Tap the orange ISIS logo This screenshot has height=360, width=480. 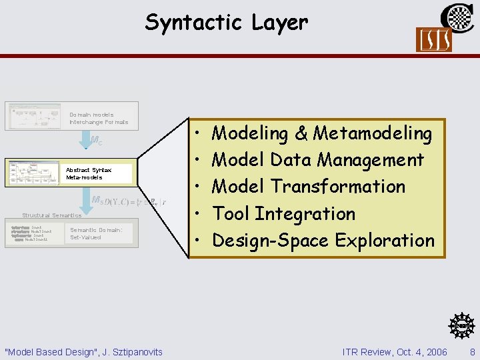[x=433, y=40]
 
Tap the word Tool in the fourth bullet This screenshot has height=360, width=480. [x=231, y=214]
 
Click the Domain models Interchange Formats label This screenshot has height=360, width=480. [x=99, y=119]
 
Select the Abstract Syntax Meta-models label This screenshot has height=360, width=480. [x=89, y=174]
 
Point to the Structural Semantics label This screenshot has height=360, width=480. [x=51, y=215]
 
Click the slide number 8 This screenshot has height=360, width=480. [x=472, y=351]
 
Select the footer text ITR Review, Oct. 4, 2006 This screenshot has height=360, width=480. [x=395, y=351]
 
